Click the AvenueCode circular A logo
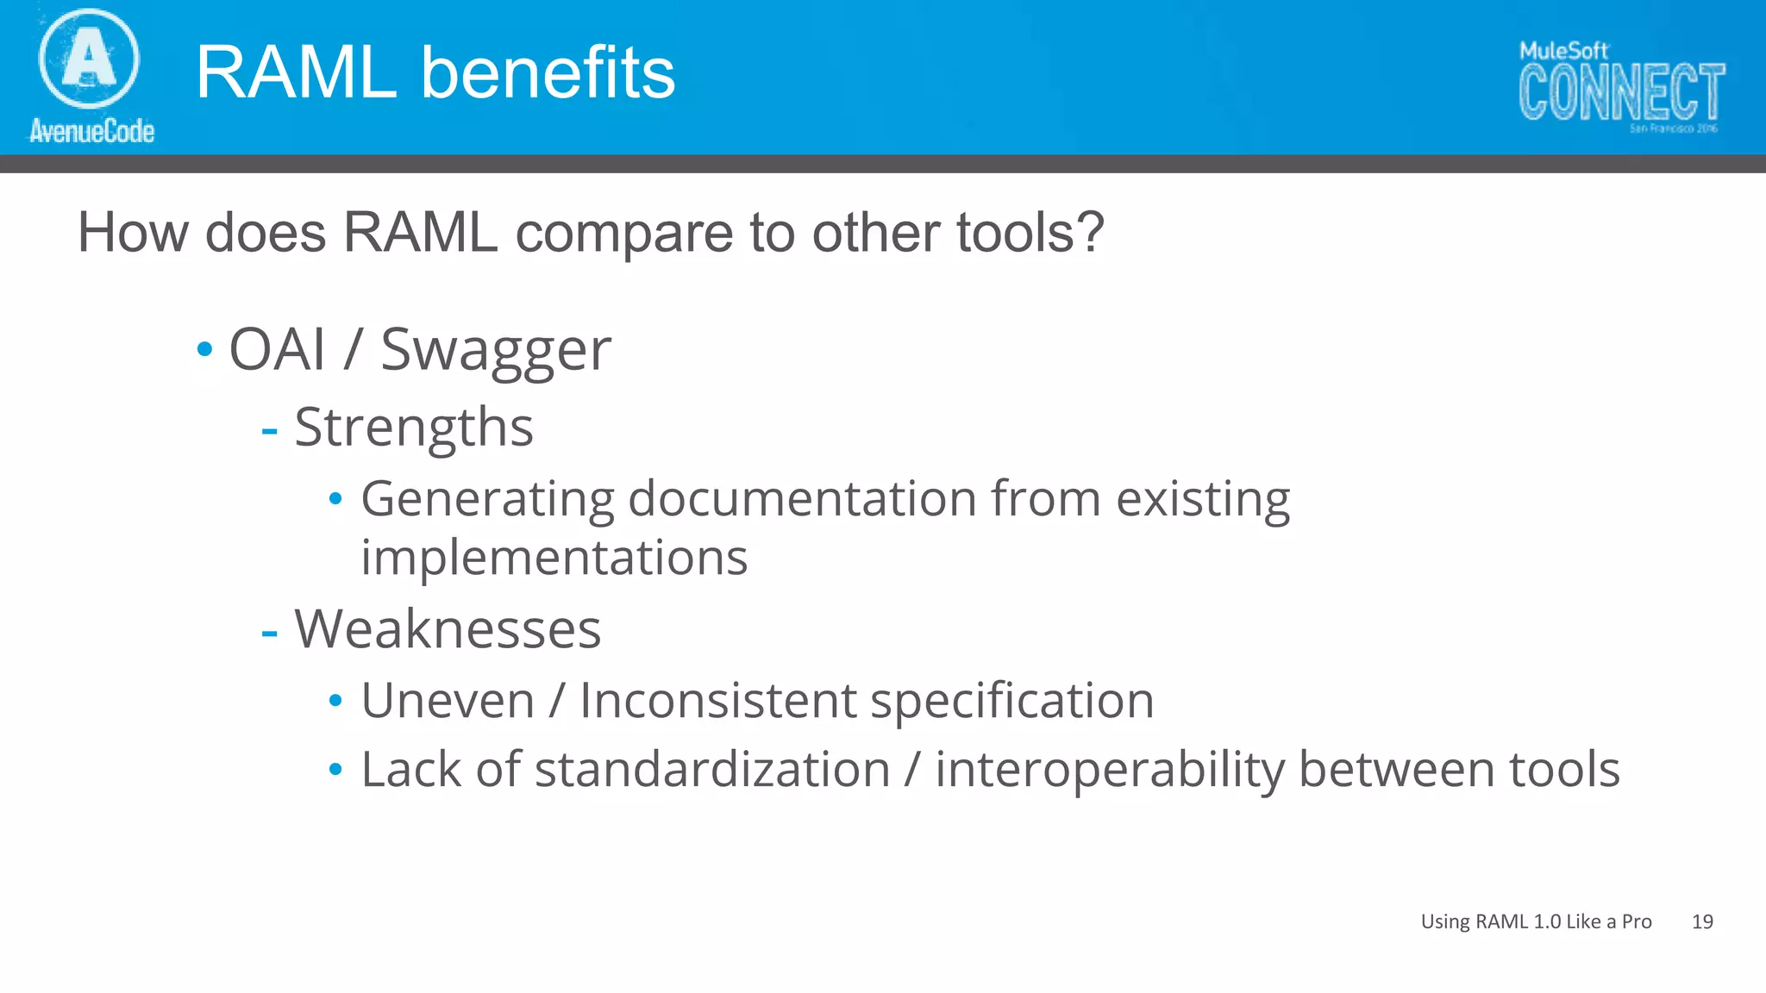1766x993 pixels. click(89, 59)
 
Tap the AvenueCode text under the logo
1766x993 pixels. click(91, 131)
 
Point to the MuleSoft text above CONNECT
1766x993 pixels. click(1563, 51)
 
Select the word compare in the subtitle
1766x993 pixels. click(623, 234)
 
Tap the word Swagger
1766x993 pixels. click(496, 352)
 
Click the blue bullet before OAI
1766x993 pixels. click(204, 350)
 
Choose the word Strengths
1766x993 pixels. click(414, 428)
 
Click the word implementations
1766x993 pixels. click(554, 558)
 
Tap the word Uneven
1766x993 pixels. click(448, 700)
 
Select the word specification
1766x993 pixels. click(1011, 702)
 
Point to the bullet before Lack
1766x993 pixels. click(336, 769)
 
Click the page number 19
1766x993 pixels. click(1702, 921)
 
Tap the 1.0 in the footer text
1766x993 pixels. click(1547, 921)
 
